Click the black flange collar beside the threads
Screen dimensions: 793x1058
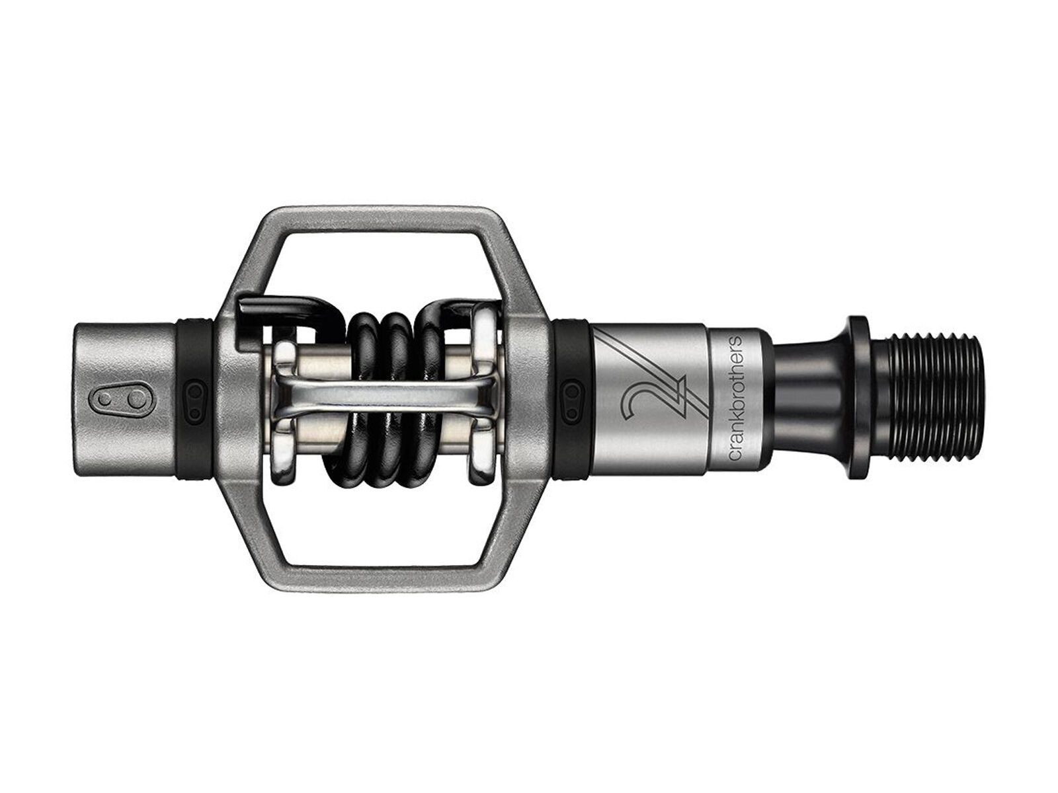(858, 397)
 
